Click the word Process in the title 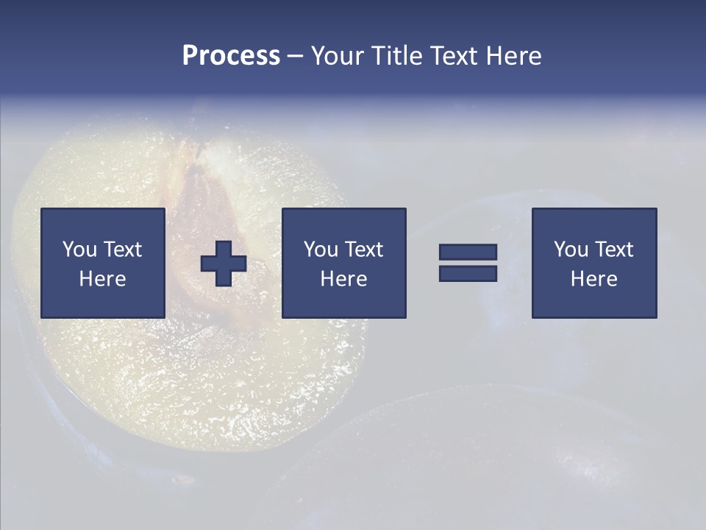pos(231,56)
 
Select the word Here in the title pos(513,56)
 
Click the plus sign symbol pos(224,264)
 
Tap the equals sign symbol pos(468,263)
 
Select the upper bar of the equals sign pos(468,252)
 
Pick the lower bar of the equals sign pos(468,273)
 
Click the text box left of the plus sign pos(103,263)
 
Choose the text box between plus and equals pos(344,263)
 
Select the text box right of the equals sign pos(594,263)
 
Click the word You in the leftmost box pos(79,250)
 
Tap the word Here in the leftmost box pos(103,279)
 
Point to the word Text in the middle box pos(364,250)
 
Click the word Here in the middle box pos(344,279)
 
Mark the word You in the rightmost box pos(571,250)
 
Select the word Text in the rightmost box pos(614,250)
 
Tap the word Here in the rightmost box pos(594,279)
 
